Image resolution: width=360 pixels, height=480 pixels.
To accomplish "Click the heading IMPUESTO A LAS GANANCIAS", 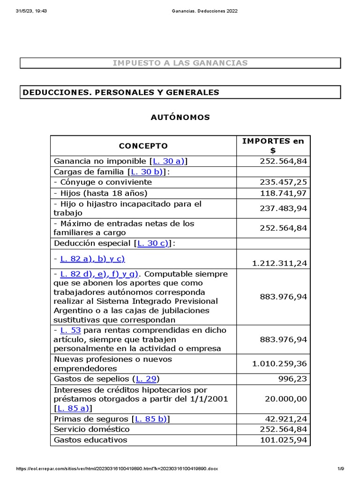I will pyautogui.click(x=180, y=63).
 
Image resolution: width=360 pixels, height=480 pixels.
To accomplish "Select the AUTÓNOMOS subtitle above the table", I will pyautogui.click(x=180, y=117).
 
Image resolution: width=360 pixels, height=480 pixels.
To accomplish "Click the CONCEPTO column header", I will pyautogui.click(x=143, y=146).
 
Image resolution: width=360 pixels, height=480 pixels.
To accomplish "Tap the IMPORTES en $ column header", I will pyautogui.click(x=273, y=146).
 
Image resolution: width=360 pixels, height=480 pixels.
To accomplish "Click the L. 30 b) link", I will pyautogui.click(x=147, y=172).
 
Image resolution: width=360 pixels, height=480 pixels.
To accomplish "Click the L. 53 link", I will pyautogui.click(x=70, y=330).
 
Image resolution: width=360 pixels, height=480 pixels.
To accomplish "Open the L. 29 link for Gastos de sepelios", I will pyautogui.click(x=146, y=379).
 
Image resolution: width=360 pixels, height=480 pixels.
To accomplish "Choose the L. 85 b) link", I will pyautogui.click(x=151, y=419).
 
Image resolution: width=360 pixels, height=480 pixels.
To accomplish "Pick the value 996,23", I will pyautogui.click(x=293, y=379).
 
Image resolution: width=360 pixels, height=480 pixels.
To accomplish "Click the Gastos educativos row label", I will pyautogui.click(x=90, y=440).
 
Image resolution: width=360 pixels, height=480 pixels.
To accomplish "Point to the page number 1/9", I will pyautogui.click(x=341, y=469).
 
